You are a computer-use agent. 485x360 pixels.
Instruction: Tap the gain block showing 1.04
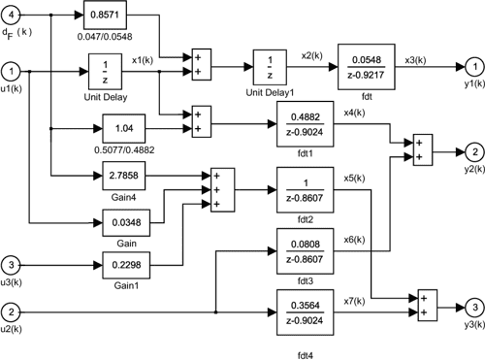128,127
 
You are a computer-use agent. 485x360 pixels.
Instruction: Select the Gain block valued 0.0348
128,222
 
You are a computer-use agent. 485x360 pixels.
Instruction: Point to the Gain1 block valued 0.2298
128,263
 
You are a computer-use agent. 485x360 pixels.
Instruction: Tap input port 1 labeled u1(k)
12,70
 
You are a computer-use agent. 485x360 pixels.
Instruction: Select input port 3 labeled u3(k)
12,263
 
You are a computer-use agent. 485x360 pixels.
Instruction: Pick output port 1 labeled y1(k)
469,64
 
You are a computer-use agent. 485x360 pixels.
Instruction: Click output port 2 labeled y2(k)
469,151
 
